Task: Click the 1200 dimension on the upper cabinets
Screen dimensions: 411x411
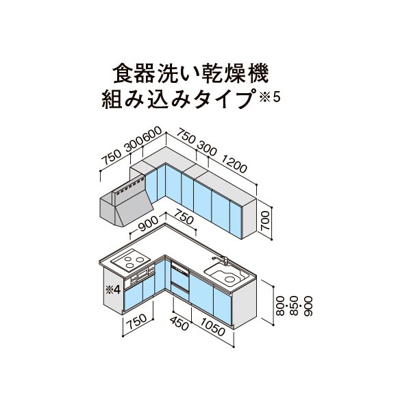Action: click(234, 164)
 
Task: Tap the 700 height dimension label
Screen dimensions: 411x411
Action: click(265, 220)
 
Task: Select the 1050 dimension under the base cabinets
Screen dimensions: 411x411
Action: click(213, 327)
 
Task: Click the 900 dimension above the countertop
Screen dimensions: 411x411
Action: click(149, 223)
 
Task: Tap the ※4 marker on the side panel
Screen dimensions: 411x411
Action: click(113, 290)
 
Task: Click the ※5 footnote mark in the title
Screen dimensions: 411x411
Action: click(270, 97)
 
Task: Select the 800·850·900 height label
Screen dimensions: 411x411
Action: click(295, 306)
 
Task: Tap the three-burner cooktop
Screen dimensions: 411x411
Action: click(130, 259)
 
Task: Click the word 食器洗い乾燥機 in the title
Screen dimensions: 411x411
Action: click(190, 74)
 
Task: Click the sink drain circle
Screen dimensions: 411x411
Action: click(230, 279)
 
